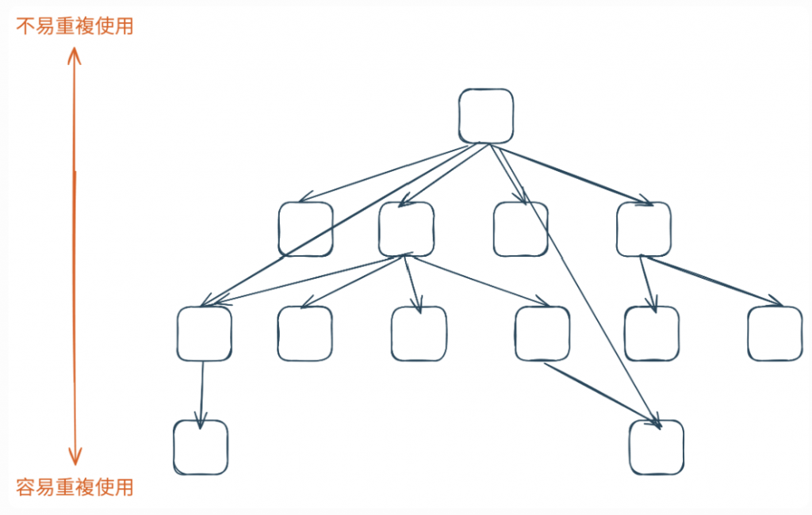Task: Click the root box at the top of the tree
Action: click(x=485, y=116)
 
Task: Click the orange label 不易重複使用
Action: click(x=75, y=27)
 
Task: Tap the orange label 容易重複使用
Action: click(x=75, y=486)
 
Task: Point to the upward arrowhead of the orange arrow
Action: click(x=75, y=53)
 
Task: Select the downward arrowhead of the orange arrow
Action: click(x=75, y=459)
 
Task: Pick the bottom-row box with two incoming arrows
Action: click(x=656, y=448)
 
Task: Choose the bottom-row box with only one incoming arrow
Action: click(x=201, y=448)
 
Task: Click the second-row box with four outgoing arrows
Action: click(x=406, y=229)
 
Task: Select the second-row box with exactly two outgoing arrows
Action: click(x=643, y=229)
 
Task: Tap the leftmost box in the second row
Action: click(x=305, y=229)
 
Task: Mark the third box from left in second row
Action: click(x=520, y=229)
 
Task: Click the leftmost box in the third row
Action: click(x=205, y=334)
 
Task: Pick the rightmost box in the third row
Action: click(x=775, y=334)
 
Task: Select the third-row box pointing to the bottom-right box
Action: click(x=542, y=334)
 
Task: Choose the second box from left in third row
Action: click(x=305, y=334)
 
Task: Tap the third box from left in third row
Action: click(x=419, y=334)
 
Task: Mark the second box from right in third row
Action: click(x=652, y=334)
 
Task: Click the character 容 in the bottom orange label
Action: click(x=25, y=486)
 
